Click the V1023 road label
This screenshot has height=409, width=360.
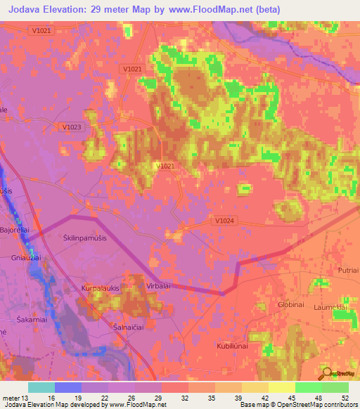[72, 126]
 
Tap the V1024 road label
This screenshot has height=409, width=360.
[224, 221]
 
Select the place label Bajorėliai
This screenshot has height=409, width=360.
[14, 230]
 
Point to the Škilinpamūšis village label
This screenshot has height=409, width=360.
[84, 238]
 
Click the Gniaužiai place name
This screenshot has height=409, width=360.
[16, 258]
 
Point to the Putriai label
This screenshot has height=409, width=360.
[347, 270]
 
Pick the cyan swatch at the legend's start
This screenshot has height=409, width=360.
[41, 387]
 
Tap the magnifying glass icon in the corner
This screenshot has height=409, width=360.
[326, 372]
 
